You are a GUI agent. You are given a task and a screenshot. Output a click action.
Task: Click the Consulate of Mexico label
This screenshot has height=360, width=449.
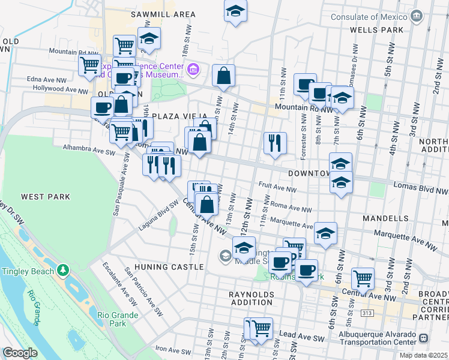[x=369, y=17]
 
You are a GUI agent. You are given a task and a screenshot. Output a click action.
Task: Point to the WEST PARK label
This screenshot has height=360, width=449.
[x=46, y=197]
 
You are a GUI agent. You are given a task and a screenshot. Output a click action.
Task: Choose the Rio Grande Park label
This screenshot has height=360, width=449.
[x=118, y=319]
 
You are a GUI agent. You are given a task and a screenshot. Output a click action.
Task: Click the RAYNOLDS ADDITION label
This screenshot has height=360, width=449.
[x=251, y=299]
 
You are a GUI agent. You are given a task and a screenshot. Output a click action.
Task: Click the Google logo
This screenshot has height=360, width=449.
[x=20, y=353]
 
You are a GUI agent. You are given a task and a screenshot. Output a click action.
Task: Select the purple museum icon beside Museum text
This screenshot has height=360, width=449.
[x=193, y=70]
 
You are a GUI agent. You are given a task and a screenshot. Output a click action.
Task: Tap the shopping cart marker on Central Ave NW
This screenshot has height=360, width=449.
[x=363, y=278]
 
